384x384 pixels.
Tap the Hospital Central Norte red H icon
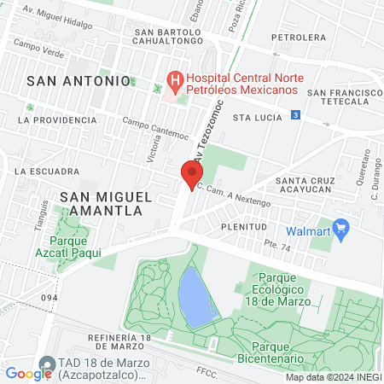(x=176, y=83)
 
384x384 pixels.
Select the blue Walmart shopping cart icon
(x=343, y=229)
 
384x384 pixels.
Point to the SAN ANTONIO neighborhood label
(x=79, y=79)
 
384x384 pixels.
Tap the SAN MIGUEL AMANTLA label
(x=107, y=204)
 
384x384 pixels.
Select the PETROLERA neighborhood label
(x=298, y=38)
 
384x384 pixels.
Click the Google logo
(x=28, y=373)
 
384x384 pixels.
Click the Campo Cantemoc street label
(x=154, y=129)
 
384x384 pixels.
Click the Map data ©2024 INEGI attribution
(x=332, y=377)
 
